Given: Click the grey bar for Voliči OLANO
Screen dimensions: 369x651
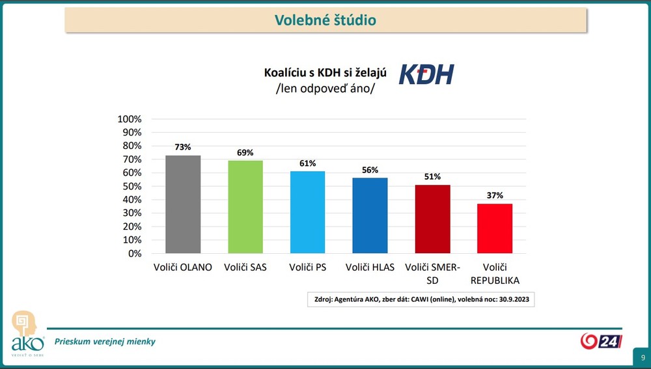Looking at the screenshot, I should (x=183, y=204).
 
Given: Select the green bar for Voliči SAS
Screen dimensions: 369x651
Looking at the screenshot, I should (x=245, y=207).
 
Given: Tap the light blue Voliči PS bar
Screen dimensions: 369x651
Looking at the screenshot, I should (x=308, y=212).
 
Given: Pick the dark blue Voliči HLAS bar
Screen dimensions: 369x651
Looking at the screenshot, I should (x=370, y=215).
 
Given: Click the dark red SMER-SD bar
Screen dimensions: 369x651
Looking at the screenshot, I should (x=432, y=219).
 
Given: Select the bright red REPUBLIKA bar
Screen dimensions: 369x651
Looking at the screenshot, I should (x=495, y=228).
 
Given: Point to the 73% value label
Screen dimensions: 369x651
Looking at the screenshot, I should (x=183, y=147).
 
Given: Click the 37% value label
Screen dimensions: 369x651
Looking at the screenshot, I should (x=495, y=195).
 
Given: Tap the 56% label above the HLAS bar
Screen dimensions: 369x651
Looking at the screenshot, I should (x=370, y=170).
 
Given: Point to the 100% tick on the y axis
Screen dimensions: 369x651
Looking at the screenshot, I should (x=129, y=119).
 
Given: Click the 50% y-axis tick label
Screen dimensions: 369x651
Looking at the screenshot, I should (x=132, y=186).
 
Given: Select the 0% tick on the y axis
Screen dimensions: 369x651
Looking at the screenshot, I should (x=134, y=253).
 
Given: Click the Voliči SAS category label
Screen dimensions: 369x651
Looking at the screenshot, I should (x=245, y=267).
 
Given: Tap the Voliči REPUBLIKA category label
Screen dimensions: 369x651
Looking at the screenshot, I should (x=495, y=274).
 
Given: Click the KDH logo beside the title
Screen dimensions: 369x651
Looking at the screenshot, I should (x=426, y=74).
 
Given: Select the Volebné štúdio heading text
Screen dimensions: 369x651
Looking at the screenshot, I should (x=325, y=20).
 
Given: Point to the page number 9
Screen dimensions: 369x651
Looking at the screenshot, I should (x=643, y=358).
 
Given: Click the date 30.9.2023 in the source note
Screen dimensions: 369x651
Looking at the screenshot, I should (x=510, y=300).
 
